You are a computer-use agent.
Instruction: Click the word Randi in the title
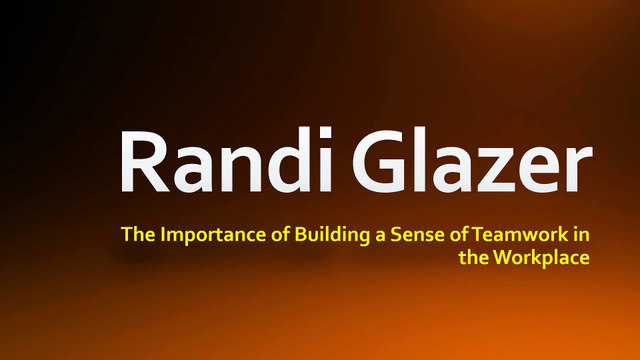coord(226,160)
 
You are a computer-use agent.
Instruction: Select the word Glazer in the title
coord(472,161)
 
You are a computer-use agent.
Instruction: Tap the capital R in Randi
coord(144,161)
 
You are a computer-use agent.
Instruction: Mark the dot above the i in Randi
coord(325,133)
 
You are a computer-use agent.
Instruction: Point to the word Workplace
coord(541,258)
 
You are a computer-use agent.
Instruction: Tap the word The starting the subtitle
coord(138,234)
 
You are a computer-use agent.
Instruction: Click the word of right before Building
coord(280,234)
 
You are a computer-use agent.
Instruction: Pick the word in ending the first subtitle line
coord(581,234)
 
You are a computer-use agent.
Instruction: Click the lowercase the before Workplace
coord(473,258)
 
